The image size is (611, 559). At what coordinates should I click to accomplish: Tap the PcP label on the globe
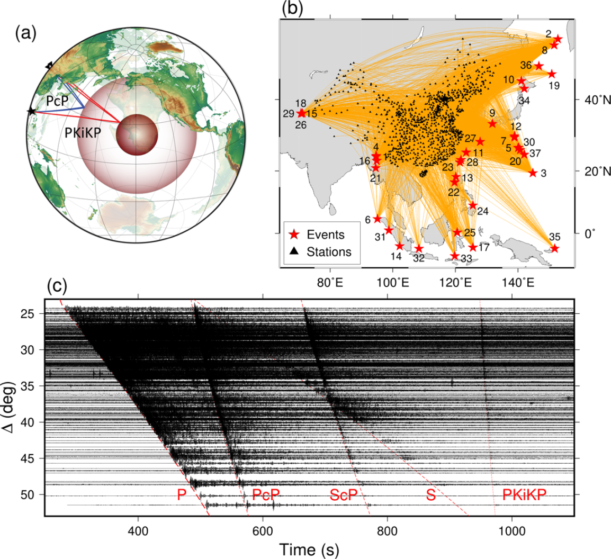[x=57, y=100]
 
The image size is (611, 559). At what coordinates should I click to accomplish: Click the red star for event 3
[x=533, y=173]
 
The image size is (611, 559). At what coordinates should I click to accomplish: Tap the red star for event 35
[x=554, y=248]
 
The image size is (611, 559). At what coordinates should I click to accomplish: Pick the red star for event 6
[x=378, y=219]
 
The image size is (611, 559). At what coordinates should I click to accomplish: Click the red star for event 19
[x=552, y=74]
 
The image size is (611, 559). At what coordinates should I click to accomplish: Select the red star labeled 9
[x=492, y=123]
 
